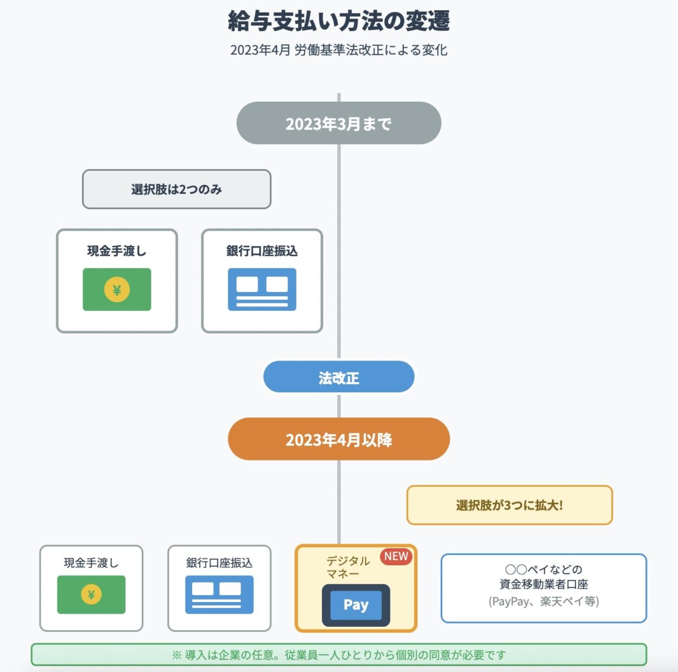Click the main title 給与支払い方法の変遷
(339, 21)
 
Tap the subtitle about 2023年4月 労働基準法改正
(339, 50)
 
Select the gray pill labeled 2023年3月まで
(339, 123)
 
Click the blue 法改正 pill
(339, 378)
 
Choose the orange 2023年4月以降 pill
(339, 439)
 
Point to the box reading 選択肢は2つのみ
(177, 189)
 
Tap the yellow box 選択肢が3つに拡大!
(510, 505)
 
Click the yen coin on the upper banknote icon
(117, 290)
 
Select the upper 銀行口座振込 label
(262, 251)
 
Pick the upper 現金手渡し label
(117, 251)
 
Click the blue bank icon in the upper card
(262, 289)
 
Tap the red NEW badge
(396, 556)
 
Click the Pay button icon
(356, 605)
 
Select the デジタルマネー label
(347, 567)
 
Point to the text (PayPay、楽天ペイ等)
(544, 601)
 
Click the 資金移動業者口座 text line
(544, 584)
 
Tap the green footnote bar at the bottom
(339, 655)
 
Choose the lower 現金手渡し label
(91, 563)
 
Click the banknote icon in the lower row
(91, 595)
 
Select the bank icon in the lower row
(219, 595)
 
